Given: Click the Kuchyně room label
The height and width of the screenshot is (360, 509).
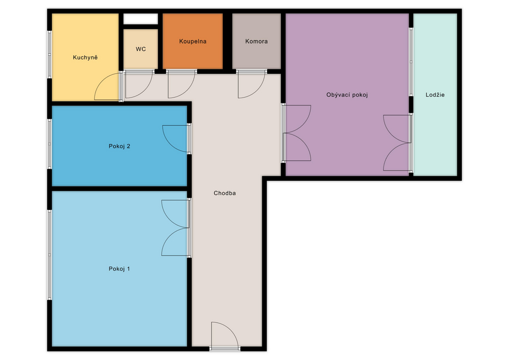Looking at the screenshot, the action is click(x=85, y=57).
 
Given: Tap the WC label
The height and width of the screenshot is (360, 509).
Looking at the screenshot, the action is click(x=141, y=49).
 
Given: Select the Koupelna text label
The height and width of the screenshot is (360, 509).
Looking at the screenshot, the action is click(x=193, y=41).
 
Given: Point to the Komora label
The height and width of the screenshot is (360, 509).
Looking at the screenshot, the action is click(x=257, y=41).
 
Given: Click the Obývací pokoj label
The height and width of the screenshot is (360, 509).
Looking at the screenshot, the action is click(x=347, y=95).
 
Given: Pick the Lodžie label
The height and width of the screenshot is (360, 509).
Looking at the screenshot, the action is click(x=435, y=95).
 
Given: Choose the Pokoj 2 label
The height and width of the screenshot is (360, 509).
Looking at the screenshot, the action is click(x=119, y=146).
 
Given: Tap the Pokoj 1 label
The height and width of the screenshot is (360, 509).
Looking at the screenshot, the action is click(x=119, y=269).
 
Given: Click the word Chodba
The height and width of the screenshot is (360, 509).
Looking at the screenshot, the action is click(x=225, y=193).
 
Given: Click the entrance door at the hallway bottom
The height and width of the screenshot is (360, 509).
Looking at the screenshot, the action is click(x=225, y=336).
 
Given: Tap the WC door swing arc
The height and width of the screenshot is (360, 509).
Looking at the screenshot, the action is click(x=139, y=84).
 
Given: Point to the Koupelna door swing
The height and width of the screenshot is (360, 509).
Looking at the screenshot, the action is click(x=182, y=84).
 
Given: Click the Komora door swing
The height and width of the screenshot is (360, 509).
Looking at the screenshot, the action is click(x=252, y=84).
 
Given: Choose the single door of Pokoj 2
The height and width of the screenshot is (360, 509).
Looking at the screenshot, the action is click(x=176, y=138).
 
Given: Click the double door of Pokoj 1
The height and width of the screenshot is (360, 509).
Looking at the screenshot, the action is click(x=176, y=227).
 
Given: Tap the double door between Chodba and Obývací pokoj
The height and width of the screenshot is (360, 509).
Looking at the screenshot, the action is click(x=296, y=133).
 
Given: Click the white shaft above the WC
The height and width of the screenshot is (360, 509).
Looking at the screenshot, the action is click(x=141, y=19).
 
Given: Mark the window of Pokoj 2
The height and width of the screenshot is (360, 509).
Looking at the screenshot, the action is click(x=50, y=144).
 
